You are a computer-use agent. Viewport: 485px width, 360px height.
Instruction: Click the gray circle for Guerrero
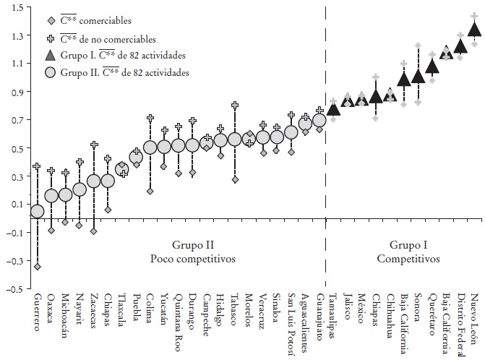click(37, 211)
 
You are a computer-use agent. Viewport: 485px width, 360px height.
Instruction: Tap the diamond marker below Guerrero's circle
click(37, 267)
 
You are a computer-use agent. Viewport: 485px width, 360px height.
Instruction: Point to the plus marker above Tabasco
click(235, 106)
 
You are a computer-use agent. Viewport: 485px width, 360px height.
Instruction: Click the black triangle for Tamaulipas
click(333, 109)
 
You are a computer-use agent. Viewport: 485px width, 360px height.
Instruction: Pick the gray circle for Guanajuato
click(319, 119)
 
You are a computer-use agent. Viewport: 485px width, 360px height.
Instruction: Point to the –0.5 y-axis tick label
click(14, 289)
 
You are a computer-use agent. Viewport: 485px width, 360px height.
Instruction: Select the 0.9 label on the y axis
click(16, 92)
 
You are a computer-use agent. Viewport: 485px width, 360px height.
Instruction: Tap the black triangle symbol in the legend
click(50, 56)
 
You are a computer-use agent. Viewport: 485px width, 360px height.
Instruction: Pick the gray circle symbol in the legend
click(50, 72)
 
